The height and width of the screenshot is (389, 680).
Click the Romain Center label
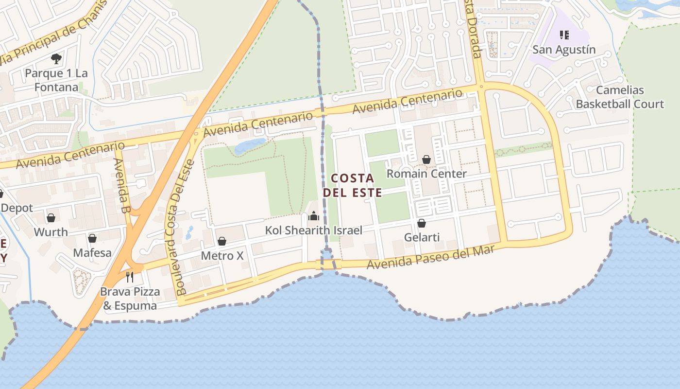[x=426, y=174]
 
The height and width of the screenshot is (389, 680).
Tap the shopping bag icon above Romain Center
[x=426, y=159]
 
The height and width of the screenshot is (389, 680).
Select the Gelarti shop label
[x=422, y=237]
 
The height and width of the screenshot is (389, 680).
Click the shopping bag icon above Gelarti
[x=422, y=223]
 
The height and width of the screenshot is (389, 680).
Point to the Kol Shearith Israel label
[x=313, y=230]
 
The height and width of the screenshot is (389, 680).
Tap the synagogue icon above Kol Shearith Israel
[x=314, y=216]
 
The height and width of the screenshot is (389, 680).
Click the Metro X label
[x=222, y=255]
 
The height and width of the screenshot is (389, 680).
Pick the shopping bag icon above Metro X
[x=222, y=241]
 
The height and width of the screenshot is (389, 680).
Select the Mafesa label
[x=92, y=253]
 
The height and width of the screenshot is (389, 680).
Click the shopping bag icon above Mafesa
[x=92, y=238]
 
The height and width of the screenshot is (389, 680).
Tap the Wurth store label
[x=51, y=232]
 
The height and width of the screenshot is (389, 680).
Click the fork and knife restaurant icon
[x=130, y=277]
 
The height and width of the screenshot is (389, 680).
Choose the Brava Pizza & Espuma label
[x=130, y=299]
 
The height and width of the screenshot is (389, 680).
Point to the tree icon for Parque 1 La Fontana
[x=56, y=59]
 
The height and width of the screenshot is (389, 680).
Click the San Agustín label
[x=564, y=50]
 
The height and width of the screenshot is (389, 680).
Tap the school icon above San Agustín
[x=564, y=35]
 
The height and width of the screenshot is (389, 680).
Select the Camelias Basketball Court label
[x=620, y=97]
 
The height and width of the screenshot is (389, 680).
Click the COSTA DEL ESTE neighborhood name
[x=353, y=185]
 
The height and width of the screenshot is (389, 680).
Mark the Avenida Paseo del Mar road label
[x=430, y=257]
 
